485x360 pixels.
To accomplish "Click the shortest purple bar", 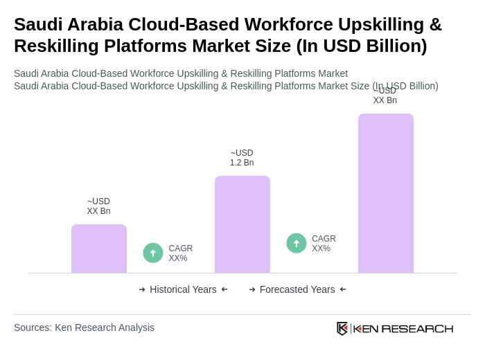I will (99, 249).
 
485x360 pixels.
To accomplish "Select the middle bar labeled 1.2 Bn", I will (242, 224).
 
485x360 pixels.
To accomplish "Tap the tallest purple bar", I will (386, 193).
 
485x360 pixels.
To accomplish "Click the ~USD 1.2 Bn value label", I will (242, 158).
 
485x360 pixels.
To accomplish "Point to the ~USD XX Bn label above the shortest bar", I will (98, 206).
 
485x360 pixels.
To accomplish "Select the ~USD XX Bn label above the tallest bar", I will (385, 96).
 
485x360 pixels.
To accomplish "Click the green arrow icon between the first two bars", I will (153, 253).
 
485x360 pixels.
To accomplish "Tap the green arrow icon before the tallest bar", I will (297, 243).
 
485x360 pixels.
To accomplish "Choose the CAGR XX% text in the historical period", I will (181, 253).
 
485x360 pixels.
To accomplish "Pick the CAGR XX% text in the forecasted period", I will (324, 244).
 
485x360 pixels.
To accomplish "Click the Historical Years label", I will (183, 289).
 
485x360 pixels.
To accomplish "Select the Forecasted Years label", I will (297, 289).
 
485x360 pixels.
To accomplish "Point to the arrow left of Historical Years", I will (142, 289).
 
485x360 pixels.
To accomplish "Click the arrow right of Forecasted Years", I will (343, 289).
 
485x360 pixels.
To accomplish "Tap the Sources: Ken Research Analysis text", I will (84, 327).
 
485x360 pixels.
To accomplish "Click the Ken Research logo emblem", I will (342, 328).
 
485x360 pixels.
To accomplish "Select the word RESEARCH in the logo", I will (417, 328).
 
